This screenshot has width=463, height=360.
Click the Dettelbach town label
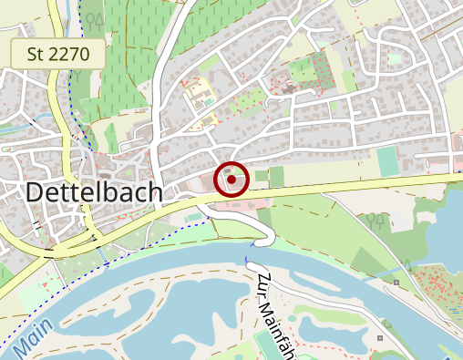pos(94,192)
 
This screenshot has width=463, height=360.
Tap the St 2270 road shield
pos(58,54)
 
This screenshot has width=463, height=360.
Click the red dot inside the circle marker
pos(231,180)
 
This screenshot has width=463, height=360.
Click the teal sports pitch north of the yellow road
pos(387,161)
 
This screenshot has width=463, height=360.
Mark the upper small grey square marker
pos(397,283)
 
